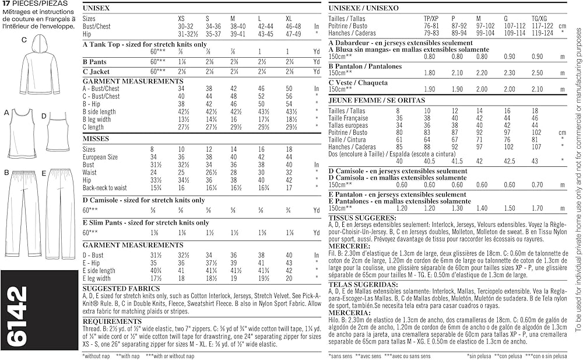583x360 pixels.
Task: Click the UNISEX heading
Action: point(96,8)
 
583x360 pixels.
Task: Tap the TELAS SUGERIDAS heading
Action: point(361,285)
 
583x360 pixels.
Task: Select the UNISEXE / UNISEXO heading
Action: point(363,8)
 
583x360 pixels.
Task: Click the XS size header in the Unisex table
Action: point(181,19)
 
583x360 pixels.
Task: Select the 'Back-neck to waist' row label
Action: point(104,188)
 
